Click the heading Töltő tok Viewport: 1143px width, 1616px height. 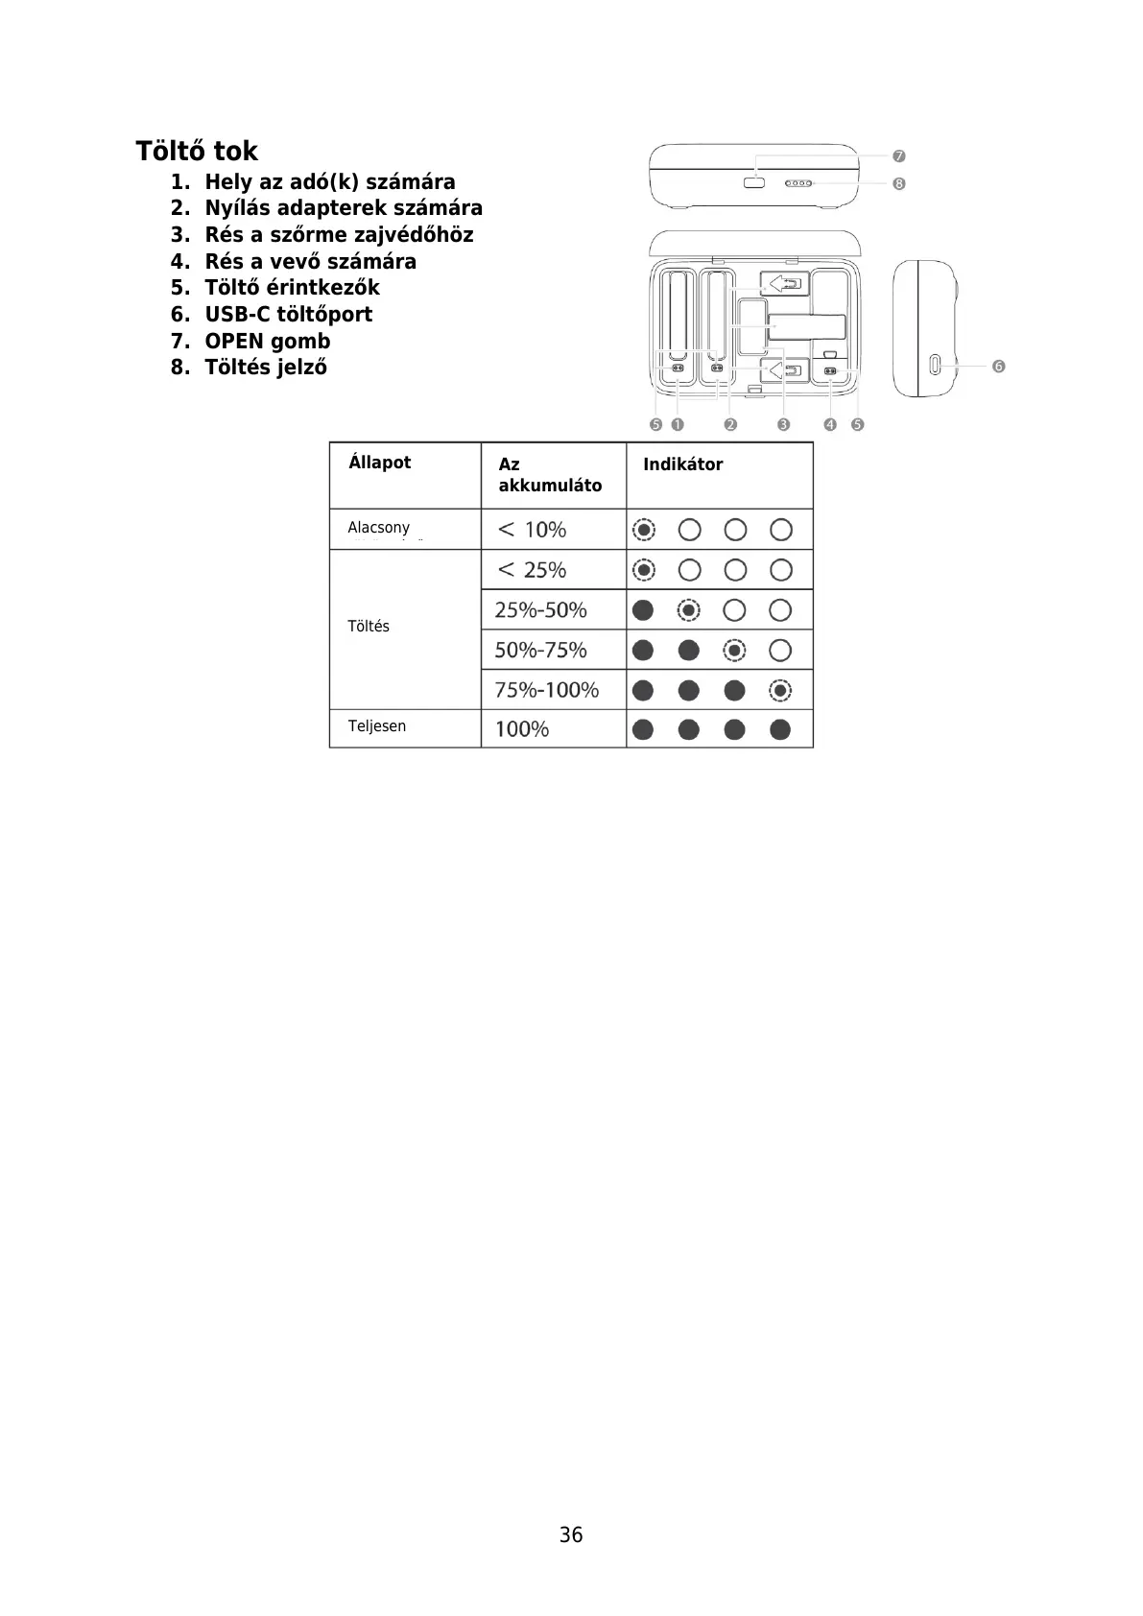(197, 152)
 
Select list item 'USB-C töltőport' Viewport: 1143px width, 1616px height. (288, 315)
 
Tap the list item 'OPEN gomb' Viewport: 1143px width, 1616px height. (267, 342)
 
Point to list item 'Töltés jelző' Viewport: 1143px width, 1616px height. (265, 368)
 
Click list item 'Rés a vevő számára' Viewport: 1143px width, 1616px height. (310, 262)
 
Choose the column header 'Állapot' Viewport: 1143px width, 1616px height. (379, 463)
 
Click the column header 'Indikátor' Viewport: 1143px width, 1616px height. (682, 464)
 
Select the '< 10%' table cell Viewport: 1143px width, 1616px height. (533, 530)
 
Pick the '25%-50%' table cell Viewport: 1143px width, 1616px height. (540, 610)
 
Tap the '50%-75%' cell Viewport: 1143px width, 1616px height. (540, 651)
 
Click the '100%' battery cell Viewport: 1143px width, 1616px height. (522, 729)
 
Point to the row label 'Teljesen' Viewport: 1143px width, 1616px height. (376, 726)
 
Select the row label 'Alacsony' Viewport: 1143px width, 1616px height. (378, 528)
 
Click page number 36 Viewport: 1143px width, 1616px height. (571, 1535)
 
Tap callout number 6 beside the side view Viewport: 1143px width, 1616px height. (999, 367)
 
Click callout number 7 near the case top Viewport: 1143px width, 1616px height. (899, 155)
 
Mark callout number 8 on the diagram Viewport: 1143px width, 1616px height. (899, 183)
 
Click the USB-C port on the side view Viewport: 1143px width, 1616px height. (935, 366)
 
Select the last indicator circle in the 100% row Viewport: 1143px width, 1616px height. (780, 730)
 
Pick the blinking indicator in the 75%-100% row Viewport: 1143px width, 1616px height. (780, 690)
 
